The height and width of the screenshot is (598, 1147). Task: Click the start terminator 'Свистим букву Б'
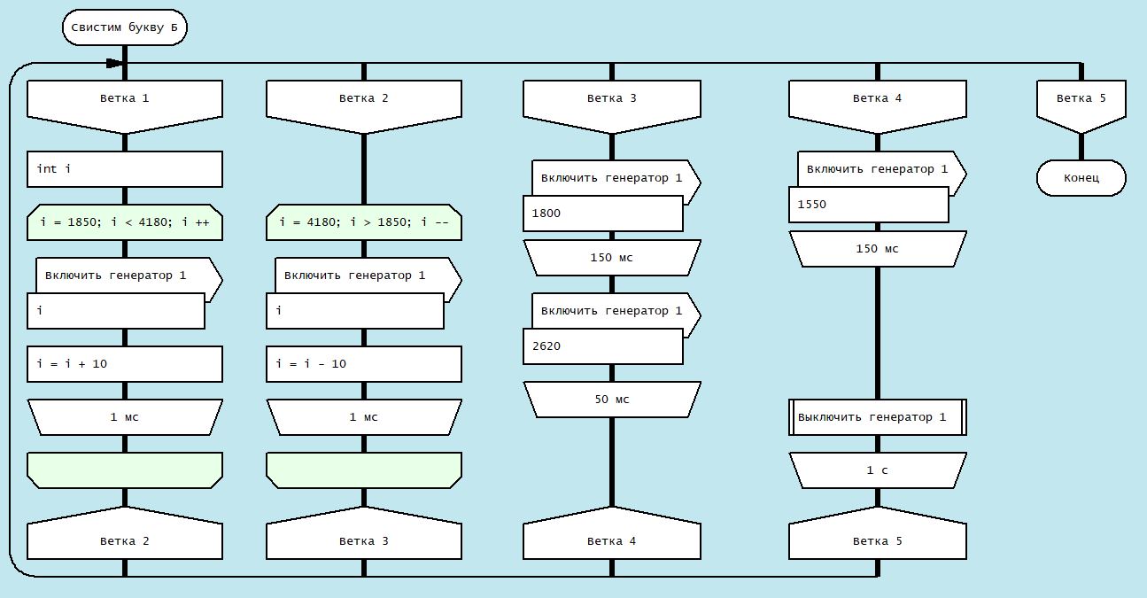(x=124, y=27)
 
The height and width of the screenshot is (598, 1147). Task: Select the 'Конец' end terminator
(x=1081, y=178)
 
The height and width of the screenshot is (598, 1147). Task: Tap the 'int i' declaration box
(x=124, y=168)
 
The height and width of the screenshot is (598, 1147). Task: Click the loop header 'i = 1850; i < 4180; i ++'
(x=124, y=222)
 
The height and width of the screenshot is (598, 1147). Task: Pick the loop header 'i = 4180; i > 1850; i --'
(x=363, y=222)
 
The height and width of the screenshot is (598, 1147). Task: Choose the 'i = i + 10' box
(x=124, y=364)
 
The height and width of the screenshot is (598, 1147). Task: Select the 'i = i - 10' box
(x=363, y=364)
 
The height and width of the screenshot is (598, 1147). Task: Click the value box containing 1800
(x=602, y=214)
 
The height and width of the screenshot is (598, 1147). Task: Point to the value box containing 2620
(x=602, y=346)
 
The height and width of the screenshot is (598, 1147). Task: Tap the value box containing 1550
(x=868, y=205)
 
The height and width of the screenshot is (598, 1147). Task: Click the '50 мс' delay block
(x=611, y=400)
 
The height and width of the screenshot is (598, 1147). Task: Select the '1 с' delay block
(x=877, y=470)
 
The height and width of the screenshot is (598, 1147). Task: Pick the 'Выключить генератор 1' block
(x=877, y=417)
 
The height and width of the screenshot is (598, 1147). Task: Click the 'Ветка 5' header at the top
(x=1081, y=98)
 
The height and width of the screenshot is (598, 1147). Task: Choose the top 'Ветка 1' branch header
(x=124, y=98)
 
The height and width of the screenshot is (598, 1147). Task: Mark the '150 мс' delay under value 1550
(x=877, y=249)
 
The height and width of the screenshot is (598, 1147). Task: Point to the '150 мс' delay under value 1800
(x=611, y=258)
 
